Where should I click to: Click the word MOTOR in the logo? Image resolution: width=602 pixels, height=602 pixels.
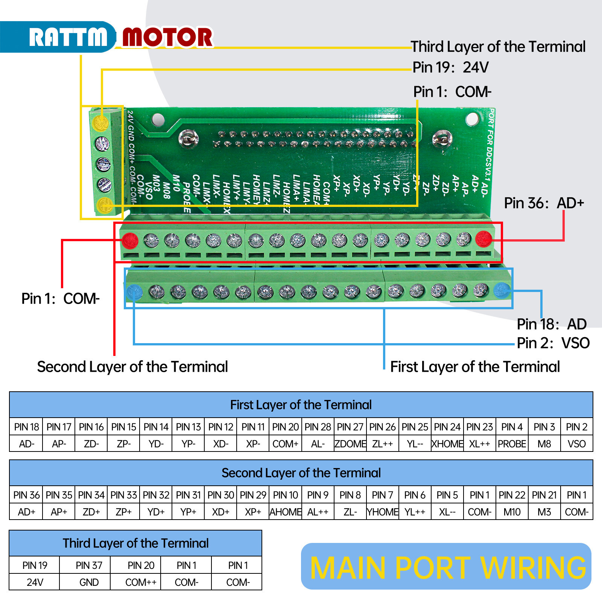168,37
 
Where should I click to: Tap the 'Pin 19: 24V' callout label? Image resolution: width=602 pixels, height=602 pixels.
450,68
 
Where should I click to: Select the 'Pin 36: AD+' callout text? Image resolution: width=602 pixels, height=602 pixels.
544,203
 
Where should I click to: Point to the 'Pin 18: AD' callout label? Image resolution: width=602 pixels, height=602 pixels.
551,324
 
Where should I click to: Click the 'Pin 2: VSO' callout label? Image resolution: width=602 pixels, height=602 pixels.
553,343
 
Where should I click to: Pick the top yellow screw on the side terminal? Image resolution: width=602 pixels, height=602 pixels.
100,123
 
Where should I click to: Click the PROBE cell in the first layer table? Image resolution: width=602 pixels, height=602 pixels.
512,444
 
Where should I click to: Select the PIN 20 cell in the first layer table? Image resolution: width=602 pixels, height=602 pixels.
285,427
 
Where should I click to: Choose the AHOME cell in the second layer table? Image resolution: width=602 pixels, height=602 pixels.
285,512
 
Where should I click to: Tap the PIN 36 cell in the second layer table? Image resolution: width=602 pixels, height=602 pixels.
26,495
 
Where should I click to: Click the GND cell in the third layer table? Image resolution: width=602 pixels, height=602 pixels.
89,582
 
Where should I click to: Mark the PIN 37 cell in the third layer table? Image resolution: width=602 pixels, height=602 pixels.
89,566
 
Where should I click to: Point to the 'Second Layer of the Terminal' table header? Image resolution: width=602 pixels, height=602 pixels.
301,473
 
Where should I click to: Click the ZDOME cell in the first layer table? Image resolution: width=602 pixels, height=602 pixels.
350,444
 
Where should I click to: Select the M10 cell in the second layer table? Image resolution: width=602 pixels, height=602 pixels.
512,512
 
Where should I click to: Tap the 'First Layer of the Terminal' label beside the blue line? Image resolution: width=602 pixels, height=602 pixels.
475,367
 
